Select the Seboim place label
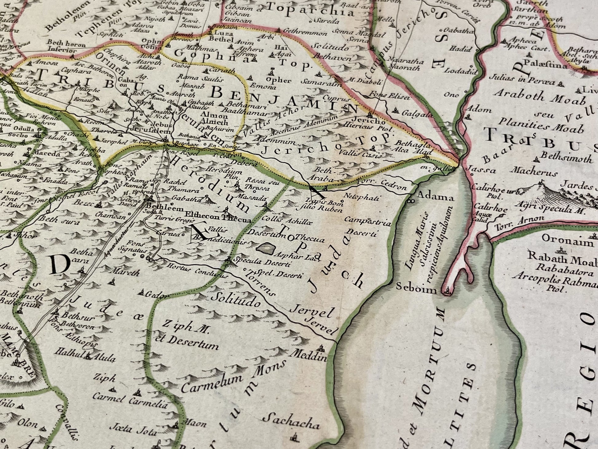point(416,288)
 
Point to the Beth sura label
point(58,220)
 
